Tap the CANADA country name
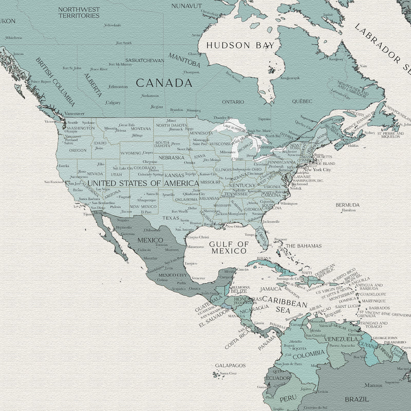164,83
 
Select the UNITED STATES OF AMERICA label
143,183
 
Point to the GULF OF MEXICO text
229,247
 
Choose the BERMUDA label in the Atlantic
348,205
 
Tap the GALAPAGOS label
230,365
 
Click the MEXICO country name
150,240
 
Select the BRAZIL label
357,399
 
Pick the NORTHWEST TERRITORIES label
79,12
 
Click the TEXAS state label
171,218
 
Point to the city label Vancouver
74,114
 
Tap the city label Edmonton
118,87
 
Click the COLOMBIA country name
309,353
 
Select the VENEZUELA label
340,339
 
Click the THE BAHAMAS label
303,246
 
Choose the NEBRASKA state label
171,158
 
